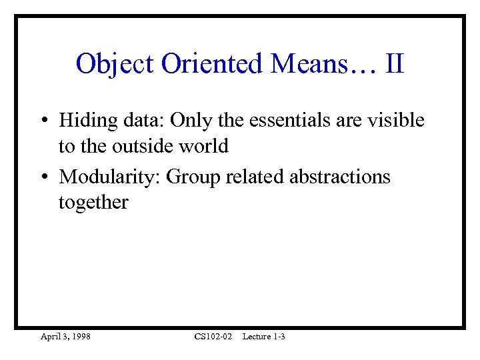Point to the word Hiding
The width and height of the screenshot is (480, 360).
[x=82, y=121]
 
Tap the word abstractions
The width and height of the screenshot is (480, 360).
[x=340, y=178]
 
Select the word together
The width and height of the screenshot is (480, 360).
[x=93, y=203]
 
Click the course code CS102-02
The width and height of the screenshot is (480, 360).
[x=213, y=337]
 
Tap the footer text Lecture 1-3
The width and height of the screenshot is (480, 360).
[x=264, y=337]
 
